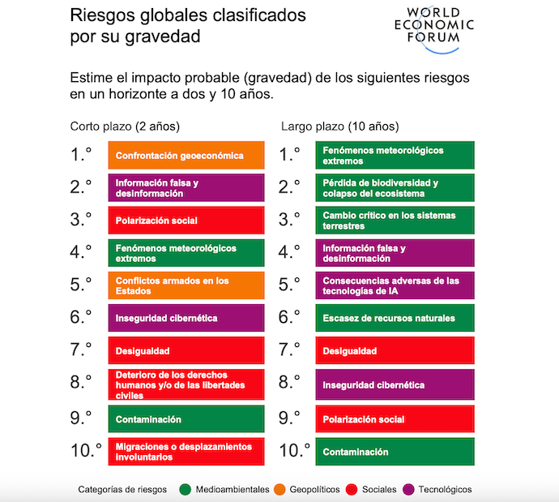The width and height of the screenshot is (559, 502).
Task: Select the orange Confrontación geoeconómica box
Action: (x=186, y=155)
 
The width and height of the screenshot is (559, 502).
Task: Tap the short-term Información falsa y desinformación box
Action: (x=186, y=188)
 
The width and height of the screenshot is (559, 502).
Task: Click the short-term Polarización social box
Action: (x=186, y=221)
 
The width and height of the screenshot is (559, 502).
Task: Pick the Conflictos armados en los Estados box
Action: (x=186, y=286)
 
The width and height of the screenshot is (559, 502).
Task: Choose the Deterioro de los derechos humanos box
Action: (x=186, y=385)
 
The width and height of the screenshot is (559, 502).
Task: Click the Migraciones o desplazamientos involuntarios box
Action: (x=186, y=451)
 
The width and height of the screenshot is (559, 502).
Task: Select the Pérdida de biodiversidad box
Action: (x=395, y=188)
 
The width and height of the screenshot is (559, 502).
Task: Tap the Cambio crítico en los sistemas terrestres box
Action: (x=395, y=221)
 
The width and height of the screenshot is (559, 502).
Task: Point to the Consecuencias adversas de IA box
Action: (x=395, y=286)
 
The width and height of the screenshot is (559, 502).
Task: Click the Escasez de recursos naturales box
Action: (x=395, y=319)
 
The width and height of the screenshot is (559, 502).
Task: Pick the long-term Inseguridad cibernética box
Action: (x=395, y=385)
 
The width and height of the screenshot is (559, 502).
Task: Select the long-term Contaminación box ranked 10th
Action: (x=395, y=452)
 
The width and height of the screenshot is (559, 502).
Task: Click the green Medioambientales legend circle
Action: (x=185, y=489)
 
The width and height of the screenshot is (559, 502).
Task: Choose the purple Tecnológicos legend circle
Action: (x=409, y=489)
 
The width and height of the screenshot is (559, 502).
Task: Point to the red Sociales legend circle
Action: (x=351, y=489)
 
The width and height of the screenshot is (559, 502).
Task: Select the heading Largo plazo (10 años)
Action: (x=339, y=127)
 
